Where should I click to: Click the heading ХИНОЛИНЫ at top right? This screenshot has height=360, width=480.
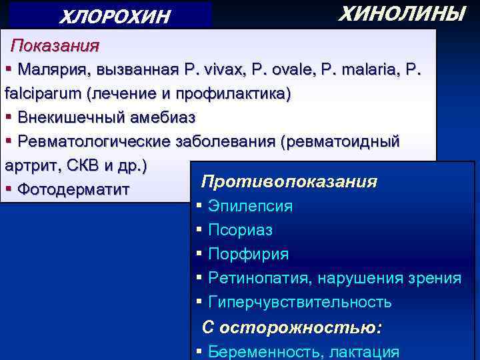(x=401, y=14)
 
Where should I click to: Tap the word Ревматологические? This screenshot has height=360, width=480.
(x=94, y=141)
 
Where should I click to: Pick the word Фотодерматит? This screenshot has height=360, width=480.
(x=73, y=189)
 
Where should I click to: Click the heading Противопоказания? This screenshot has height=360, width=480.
(x=289, y=182)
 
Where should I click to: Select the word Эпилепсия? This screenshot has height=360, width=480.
(x=250, y=206)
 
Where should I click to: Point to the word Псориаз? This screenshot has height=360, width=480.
(x=240, y=230)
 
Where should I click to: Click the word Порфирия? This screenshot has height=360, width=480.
(x=248, y=254)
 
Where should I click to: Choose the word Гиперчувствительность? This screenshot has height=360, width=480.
(x=299, y=302)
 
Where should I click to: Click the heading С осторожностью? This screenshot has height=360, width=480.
(x=292, y=327)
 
